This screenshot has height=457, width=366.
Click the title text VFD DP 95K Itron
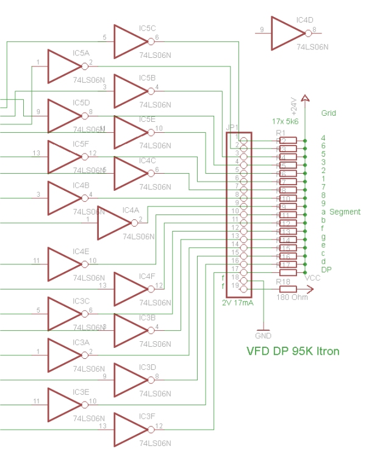click(x=293, y=352)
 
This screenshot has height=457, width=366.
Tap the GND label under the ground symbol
click(x=263, y=336)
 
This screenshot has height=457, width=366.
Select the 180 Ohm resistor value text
click(x=292, y=297)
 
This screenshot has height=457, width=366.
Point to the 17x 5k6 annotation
click(x=285, y=121)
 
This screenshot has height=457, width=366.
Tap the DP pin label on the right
click(x=326, y=270)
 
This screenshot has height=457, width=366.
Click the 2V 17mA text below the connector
click(x=239, y=302)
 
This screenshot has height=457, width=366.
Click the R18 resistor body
click(x=287, y=289)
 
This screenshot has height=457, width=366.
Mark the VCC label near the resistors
click(x=313, y=278)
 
